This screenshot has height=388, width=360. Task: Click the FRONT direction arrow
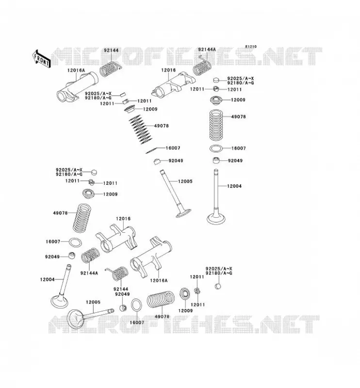(42, 59)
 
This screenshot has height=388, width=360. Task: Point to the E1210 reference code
(251, 47)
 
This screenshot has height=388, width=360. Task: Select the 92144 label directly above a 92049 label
(121, 289)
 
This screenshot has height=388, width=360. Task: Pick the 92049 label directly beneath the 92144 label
(122, 294)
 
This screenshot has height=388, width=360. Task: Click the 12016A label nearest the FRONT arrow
(76, 70)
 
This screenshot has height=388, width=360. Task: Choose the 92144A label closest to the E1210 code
(207, 49)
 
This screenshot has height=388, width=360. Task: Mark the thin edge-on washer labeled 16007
(151, 150)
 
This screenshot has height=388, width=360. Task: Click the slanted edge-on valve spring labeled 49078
(140, 129)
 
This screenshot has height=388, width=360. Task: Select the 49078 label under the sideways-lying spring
(162, 317)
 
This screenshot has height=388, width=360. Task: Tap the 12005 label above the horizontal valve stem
(93, 302)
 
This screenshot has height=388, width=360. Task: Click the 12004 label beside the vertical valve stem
(234, 186)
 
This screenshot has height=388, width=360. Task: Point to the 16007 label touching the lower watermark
(137, 323)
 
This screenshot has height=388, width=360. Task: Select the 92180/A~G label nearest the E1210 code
(241, 83)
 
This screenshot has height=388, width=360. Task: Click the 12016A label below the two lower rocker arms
(159, 280)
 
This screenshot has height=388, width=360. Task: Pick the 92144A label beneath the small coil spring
(89, 273)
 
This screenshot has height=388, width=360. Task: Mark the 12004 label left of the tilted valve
(47, 279)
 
